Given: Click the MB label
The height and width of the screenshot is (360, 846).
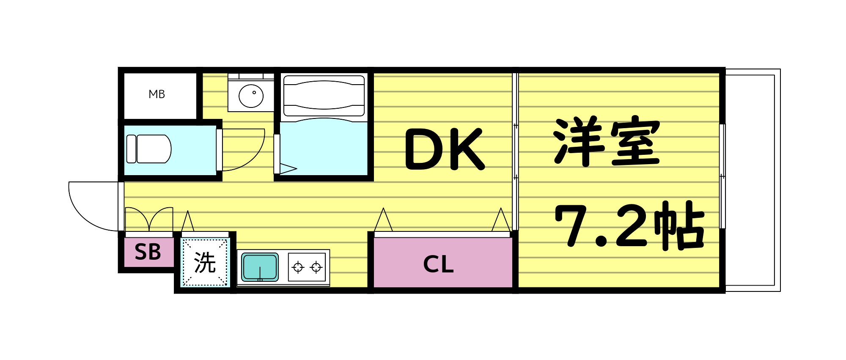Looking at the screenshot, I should pos(157,94).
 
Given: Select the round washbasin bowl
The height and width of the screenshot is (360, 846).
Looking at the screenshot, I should pos(251,96).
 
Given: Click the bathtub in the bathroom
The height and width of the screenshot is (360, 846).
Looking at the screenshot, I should pos(324,96).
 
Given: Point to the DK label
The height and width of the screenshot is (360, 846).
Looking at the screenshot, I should pos(444,149).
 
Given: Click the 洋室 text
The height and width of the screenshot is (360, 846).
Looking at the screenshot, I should pos(606,141).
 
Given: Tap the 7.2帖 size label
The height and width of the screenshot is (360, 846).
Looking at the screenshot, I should pos(629,225).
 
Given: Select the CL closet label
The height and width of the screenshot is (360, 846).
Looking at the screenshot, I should pos(438,264).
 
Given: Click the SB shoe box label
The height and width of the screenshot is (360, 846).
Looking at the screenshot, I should pos(148,252).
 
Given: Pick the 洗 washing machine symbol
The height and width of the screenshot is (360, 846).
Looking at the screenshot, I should pos(205,263).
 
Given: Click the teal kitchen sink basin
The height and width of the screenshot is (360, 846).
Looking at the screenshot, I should pos(260,267).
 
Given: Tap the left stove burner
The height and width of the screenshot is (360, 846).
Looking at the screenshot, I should pos(298,267).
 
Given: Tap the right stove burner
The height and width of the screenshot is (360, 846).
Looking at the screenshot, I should pos(316,267).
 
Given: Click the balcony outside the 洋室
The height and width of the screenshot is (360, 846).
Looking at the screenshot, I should pos(750,180).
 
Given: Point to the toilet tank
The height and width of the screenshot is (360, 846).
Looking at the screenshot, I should pos(131,149).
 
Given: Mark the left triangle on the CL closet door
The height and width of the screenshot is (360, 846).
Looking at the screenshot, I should pos(383,220).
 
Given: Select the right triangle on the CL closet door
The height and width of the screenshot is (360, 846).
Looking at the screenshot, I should pos(501,220).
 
